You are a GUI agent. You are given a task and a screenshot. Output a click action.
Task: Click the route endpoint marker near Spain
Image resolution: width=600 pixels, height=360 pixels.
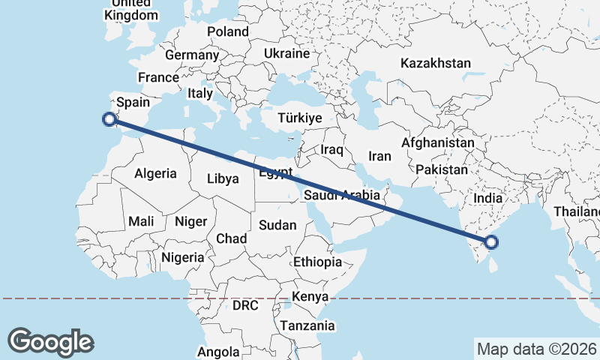click(109, 118)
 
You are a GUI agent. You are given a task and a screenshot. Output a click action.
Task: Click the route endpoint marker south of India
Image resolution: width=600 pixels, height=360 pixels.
click(491, 241)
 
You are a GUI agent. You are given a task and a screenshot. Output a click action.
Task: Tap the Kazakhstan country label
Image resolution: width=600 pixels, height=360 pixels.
click(435, 64)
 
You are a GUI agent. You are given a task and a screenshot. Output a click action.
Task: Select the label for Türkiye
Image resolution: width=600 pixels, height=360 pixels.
click(299, 118)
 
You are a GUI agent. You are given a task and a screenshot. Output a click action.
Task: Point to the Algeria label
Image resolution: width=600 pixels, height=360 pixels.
click(155, 173)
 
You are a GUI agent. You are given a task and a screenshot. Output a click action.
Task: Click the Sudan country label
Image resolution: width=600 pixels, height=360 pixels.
click(277, 225)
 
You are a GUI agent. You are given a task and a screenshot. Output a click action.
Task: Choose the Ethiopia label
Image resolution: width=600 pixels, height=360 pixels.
click(317, 262)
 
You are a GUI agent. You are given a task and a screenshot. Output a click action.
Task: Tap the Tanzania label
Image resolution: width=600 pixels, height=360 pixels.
click(307, 326)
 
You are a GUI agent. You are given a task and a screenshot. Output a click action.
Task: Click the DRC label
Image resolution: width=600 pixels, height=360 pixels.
click(245, 307)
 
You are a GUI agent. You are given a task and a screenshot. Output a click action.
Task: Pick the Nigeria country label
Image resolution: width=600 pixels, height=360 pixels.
click(182, 257)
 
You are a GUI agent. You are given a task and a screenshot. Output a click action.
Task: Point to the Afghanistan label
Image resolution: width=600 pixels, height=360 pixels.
click(438, 142)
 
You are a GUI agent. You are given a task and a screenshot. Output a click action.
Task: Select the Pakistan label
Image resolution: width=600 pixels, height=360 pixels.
click(441, 170)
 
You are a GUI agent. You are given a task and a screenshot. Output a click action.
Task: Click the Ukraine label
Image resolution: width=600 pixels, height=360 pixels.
click(286, 54)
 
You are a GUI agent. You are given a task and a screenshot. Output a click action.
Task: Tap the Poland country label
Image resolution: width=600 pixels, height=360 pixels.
click(227, 31)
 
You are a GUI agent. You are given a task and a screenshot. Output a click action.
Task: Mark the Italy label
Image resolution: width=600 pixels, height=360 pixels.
click(200, 94)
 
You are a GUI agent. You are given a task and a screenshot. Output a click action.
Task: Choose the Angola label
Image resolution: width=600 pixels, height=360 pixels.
click(218, 352)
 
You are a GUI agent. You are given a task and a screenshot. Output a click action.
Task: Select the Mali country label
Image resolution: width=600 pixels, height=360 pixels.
click(141, 221)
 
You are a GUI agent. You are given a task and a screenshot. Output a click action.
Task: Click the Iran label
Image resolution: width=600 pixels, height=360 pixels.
click(379, 157)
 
